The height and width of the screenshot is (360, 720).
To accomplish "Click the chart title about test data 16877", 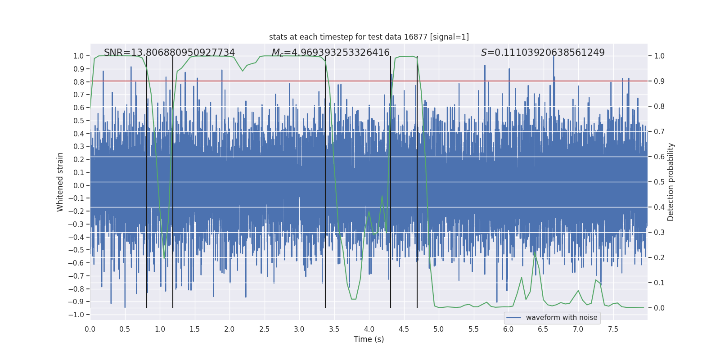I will (x=369, y=37).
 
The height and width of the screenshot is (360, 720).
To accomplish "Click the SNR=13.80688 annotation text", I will (x=169, y=53).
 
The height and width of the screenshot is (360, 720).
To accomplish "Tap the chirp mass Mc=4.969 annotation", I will (x=330, y=53).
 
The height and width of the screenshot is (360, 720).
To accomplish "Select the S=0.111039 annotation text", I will (x=543, y=53).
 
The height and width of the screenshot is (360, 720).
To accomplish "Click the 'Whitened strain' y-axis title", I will (x=60, y=182).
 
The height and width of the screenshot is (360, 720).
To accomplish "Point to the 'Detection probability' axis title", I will (x=671, y=182).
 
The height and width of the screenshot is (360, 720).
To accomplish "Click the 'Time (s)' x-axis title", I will (x=369, y=339).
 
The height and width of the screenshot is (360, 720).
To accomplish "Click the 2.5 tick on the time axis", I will (x=264, y=329).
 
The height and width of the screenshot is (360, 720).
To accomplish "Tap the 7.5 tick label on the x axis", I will (x=613, y=329).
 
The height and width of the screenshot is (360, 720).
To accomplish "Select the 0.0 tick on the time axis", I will (x=90, y=329).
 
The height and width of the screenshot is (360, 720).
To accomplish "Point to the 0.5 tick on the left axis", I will (x=79, y=121).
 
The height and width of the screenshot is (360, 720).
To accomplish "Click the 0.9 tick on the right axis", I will (x=659, y=81).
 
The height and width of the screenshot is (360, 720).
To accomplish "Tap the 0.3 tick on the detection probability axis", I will (x=659, y=233).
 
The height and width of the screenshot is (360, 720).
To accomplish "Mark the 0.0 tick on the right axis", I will (x=659, y=308).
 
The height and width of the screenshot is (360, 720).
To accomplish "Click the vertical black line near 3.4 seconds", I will (x=325, y=180).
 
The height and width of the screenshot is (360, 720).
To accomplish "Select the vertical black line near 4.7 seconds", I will (x=417, y=180).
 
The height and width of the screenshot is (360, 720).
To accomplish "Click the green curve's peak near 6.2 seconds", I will (x=522, y=278).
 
